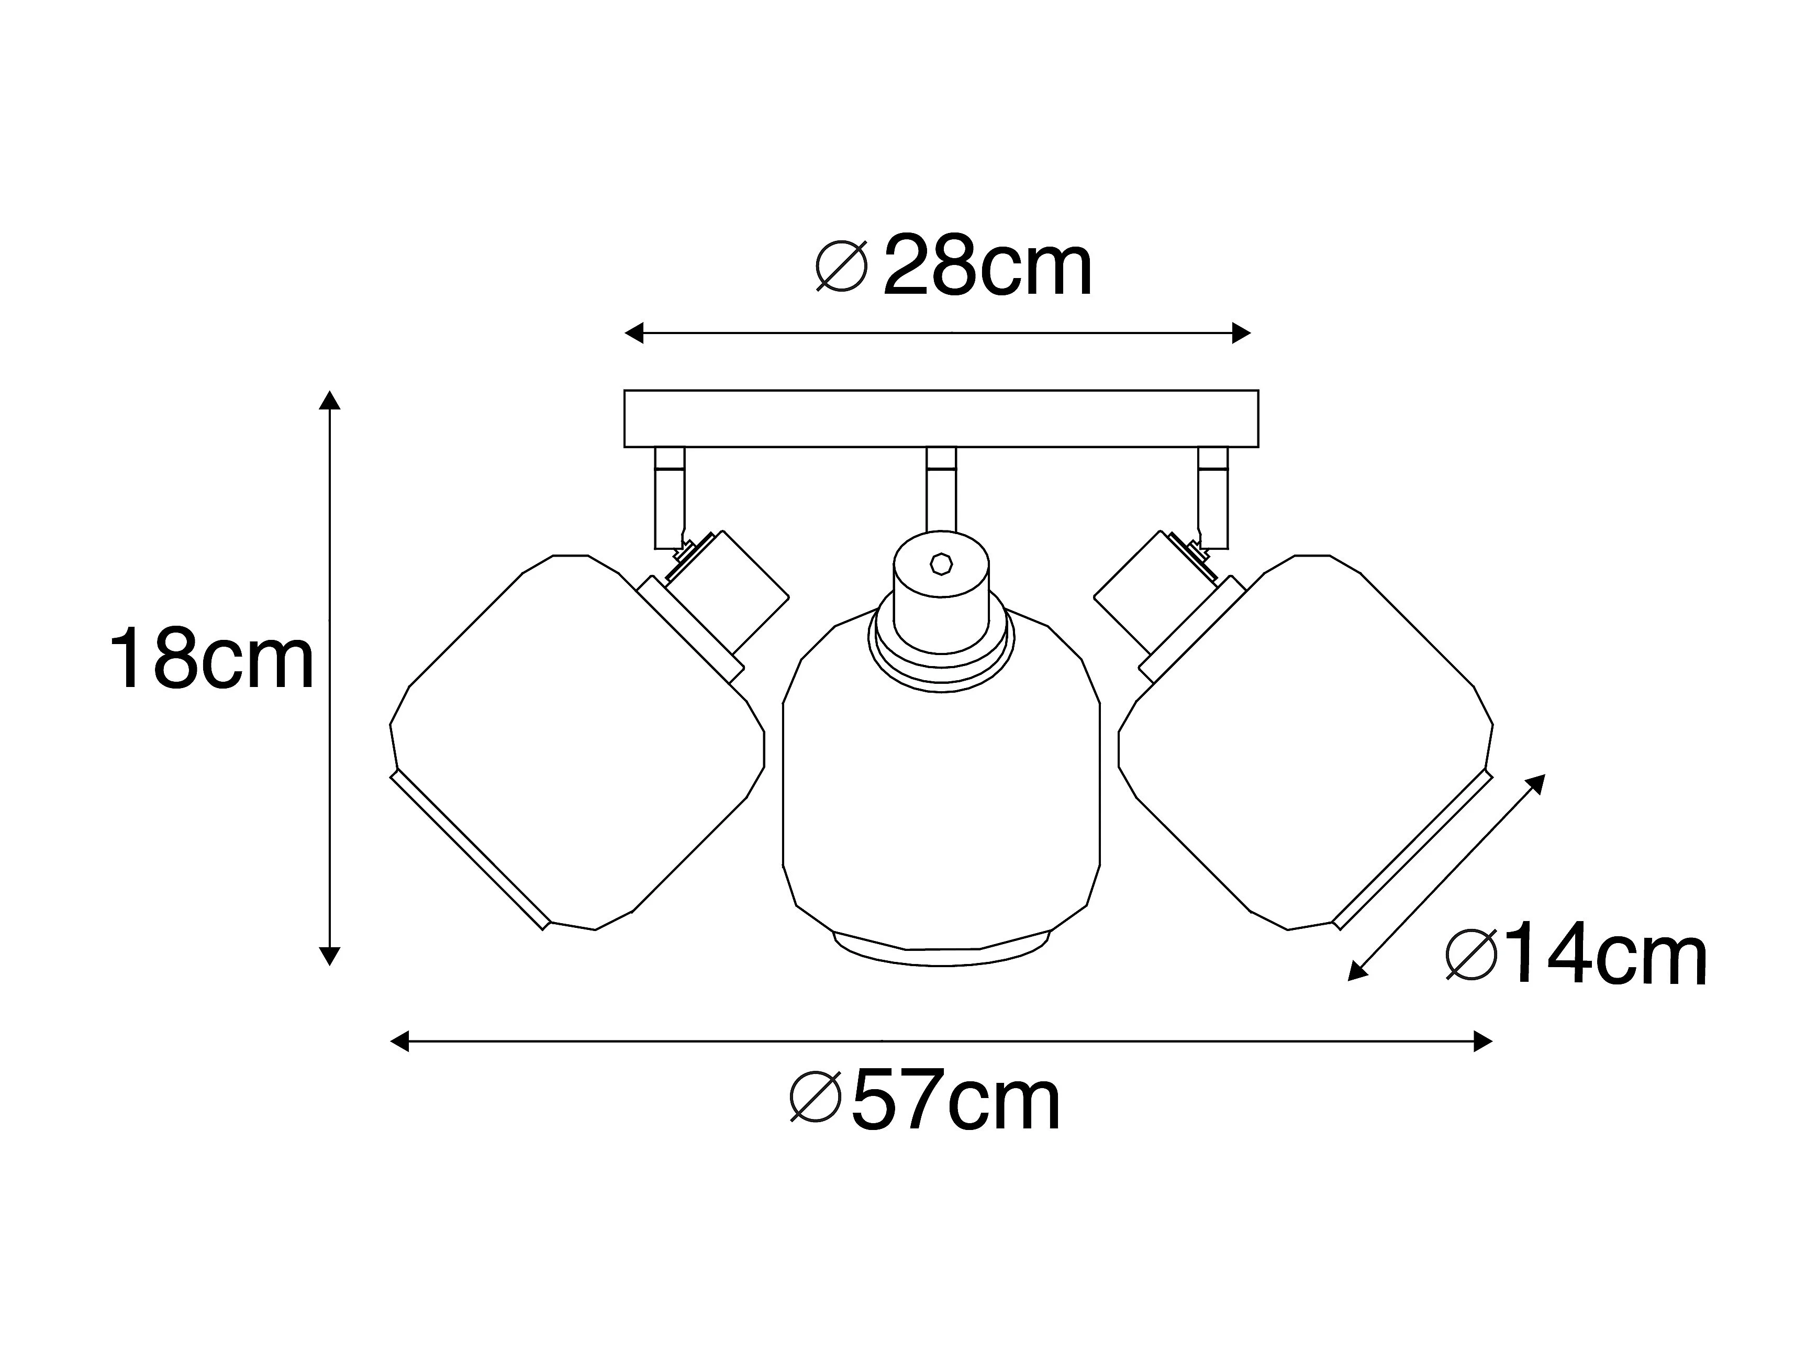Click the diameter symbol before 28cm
click(x=841, y=267)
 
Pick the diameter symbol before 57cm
click(x=815, y=1097)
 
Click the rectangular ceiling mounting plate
click(x=941, y=418)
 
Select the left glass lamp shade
click(x=577, y=742)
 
